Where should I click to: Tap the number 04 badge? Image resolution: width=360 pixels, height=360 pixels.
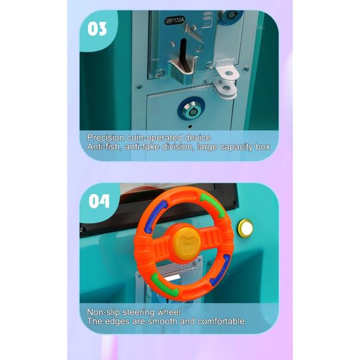tap(99, 200)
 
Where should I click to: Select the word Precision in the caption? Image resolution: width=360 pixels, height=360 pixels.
tap(106, 137)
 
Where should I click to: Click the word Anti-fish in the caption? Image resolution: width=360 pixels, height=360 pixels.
tap(103, 146)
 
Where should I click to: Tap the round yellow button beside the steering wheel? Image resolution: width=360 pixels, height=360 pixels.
tap(245, 228)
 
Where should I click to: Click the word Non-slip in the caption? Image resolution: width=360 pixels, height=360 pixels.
tap(103, 312)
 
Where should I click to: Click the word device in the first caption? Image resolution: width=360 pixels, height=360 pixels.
tap(196, 137)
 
